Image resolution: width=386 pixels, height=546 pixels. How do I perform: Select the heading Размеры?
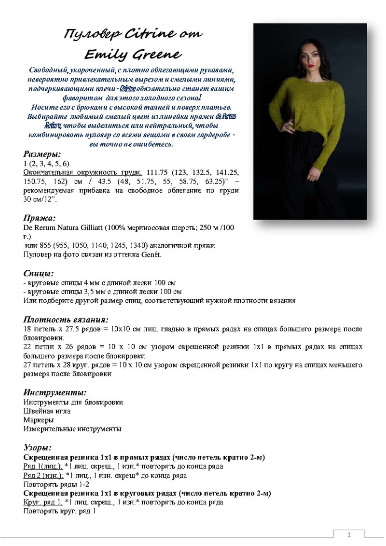[42, 154]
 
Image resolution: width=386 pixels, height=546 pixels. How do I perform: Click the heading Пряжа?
[40, 218]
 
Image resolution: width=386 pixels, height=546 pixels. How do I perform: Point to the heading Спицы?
[39, 274]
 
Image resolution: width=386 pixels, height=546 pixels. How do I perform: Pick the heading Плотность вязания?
[66, 319]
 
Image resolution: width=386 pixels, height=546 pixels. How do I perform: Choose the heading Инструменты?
[55, 392]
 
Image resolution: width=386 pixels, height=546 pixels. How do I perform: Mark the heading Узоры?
[38, 447]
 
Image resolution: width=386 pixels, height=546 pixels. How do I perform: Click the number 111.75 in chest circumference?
[159, 172]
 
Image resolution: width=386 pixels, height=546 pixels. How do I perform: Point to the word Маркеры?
[39, 420]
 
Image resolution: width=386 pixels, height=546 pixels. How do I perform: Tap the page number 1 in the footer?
[349, 535]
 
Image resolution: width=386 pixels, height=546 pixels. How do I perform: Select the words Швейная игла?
[47, 411]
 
